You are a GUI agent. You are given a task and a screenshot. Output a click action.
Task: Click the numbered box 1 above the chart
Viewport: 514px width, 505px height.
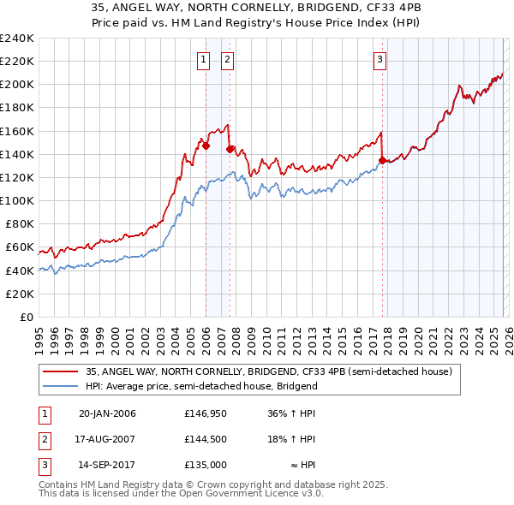click(x=204, y=60)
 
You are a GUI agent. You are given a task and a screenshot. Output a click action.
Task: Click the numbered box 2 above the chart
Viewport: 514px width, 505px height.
click(x=228, y=60)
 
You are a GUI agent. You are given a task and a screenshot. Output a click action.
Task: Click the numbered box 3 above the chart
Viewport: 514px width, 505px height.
click(x=380, y=60)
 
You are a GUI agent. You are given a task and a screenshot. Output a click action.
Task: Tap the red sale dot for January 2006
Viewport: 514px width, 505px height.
click(x=206, y=146)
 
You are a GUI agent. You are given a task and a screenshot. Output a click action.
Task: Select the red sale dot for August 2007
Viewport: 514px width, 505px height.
click(x=230, y=149)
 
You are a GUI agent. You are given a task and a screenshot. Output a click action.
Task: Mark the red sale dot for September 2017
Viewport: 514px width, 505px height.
click(x=382, y=160)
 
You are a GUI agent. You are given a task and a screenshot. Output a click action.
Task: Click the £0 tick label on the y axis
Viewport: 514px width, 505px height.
click(x=26, y=317)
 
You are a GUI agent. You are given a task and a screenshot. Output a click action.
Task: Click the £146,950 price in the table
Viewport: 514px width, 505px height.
click(x=204, y=413)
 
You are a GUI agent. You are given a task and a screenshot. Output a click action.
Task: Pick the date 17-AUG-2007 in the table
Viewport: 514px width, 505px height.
click(x=106, y=439)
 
